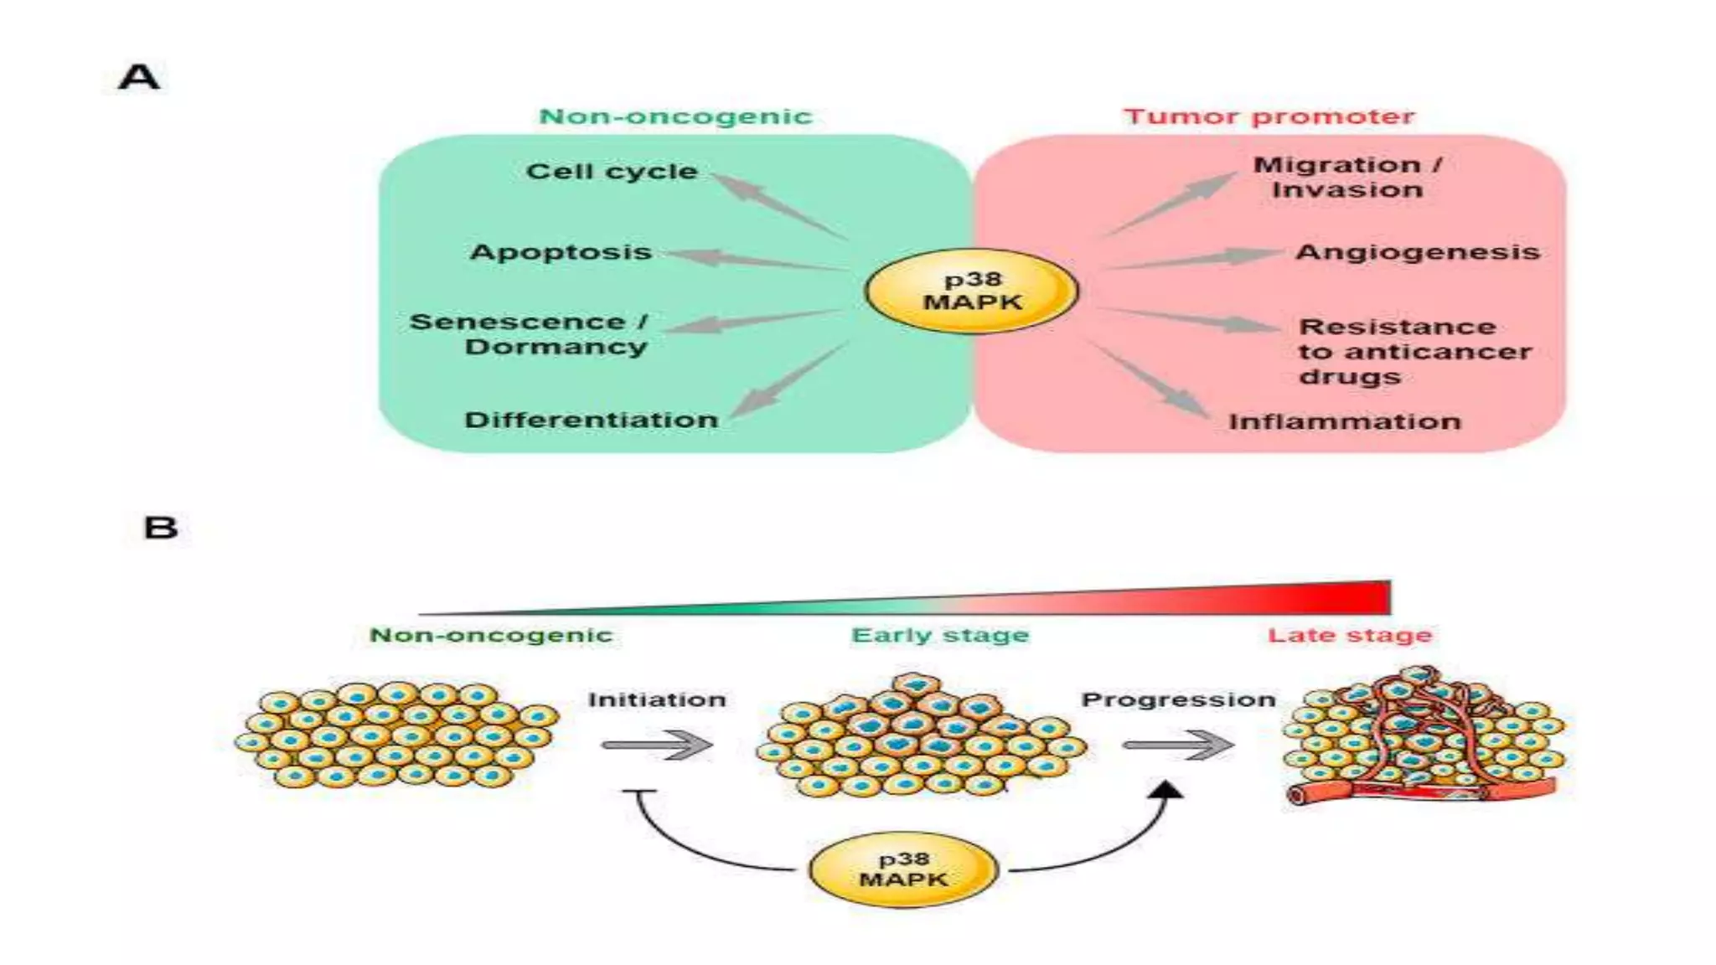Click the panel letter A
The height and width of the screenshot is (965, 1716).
(x=139, y=77)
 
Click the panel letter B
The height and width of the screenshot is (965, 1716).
(x=161, y=528)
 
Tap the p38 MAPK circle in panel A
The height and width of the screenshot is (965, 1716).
(x=972, y=292)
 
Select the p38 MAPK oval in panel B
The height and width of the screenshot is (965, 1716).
(x=903, y=870)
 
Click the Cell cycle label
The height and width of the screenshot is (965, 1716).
(x=612, y=172)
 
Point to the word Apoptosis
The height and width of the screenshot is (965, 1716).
(x=561, y=252)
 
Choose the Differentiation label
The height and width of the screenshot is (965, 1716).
(x=591, y=420)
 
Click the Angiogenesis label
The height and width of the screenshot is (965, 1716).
(x=1418, y=252)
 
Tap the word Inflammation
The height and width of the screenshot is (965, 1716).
(x=1344, y=421)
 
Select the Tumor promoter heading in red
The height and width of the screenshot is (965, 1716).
(x=1269, y=116)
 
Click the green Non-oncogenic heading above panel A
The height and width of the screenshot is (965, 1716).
(x=675, y=116)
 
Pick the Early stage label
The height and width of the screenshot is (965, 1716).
(x=939, y=636)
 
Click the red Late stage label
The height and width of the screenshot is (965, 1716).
(x=1349, y=636)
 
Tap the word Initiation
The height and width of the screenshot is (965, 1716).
(x=657, y=699)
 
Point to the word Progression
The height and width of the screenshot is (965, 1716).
(x=1178, y=699)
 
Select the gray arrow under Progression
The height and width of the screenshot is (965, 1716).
(x=1178, y=745)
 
